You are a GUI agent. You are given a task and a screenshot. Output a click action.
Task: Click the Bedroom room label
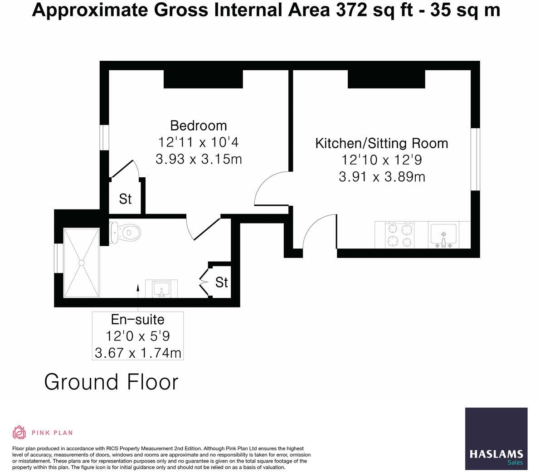198,125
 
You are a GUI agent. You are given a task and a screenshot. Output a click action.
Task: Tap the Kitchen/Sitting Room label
381,143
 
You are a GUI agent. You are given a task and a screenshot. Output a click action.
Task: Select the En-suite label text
137,320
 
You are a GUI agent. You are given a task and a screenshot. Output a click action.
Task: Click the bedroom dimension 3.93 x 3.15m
198,160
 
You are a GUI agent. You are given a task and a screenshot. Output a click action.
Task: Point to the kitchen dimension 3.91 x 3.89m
382,177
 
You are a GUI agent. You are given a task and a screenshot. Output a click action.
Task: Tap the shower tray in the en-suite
82,262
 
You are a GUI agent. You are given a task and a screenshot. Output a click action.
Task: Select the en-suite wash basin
161,289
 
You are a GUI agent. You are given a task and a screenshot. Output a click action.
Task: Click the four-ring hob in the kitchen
399,235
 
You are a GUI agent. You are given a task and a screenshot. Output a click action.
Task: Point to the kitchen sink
443,235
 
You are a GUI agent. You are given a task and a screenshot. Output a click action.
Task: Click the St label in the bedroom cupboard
126,199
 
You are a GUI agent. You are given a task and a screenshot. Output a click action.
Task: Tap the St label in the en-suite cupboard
221,282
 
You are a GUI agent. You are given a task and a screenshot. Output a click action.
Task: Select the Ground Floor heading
112,382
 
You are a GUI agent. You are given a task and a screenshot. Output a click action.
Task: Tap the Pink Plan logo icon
19,433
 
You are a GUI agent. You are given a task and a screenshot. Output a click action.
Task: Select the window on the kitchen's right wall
475,159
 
